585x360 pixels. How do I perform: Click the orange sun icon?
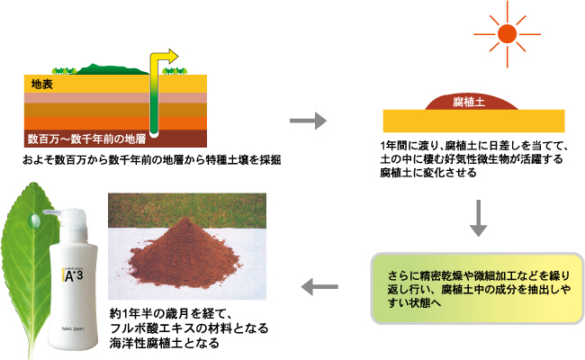pos(507,35)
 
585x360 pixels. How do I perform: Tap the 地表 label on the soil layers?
pos(42,85)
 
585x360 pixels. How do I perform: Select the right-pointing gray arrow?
pos(307,119)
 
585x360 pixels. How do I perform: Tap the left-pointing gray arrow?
pos(319,287)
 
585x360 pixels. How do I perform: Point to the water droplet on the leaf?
pos(33,219)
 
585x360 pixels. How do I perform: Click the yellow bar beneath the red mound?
pos(473,121)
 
